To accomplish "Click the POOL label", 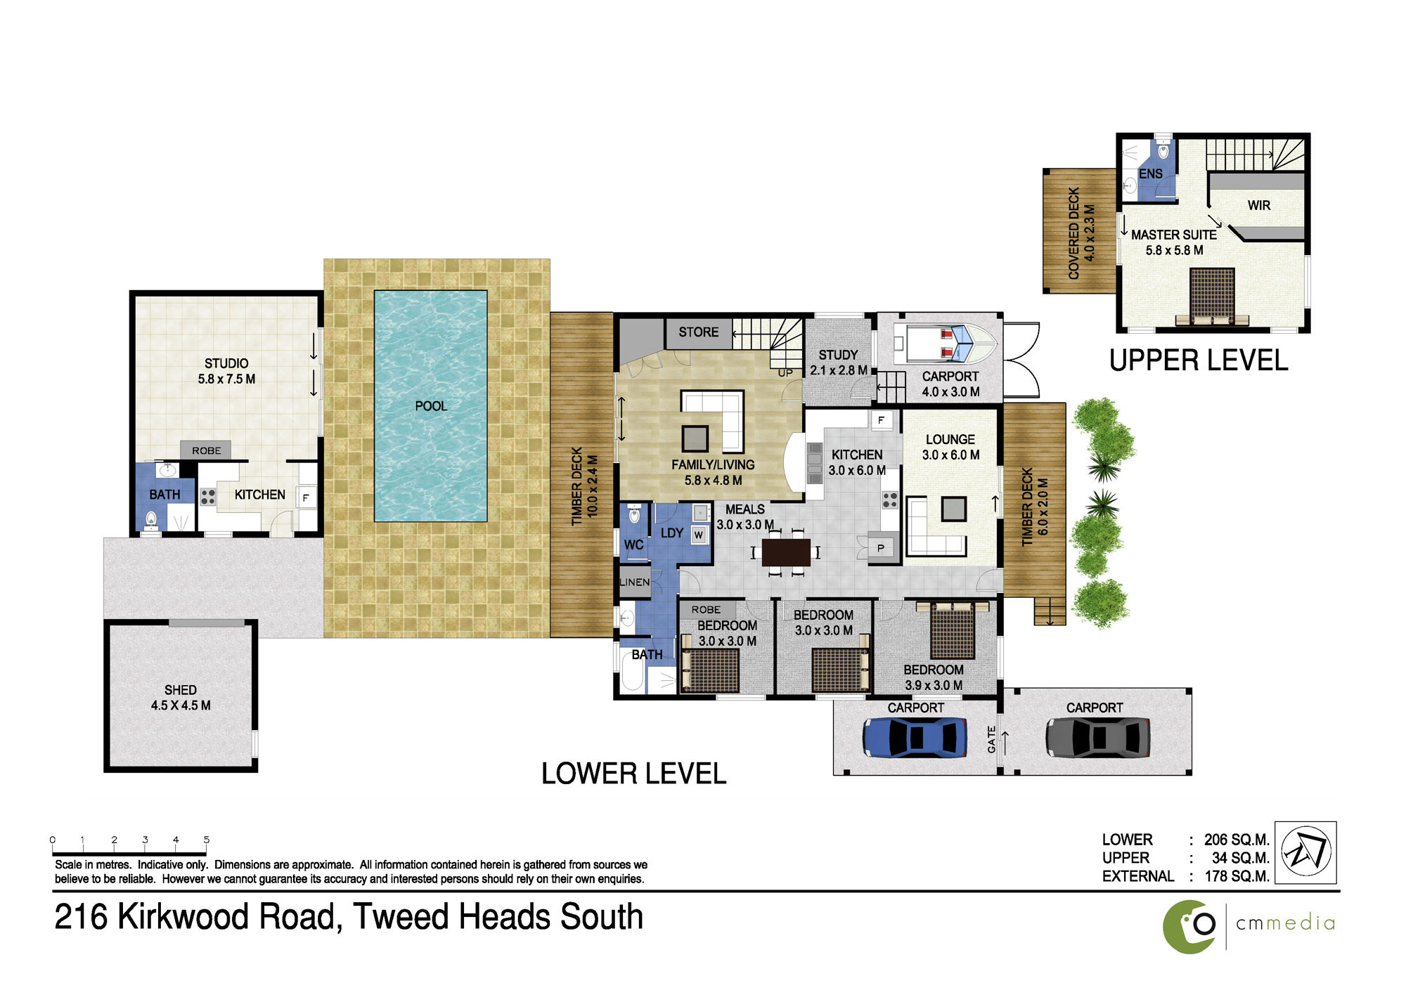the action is coord(431,406).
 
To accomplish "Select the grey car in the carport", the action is coord(1097,737).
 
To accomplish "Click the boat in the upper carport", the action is coord(945,343).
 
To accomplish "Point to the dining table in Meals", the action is coord(786,552).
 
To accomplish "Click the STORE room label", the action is coord(698,332).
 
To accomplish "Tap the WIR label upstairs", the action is coord(1259,205).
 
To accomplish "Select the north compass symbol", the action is coord(1306,852).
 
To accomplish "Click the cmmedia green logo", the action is coord(1189,927).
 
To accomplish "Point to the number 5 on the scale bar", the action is coord(207,840).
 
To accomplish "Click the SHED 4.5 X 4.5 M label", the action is coord(181,698).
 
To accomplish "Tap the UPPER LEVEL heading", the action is coord(1199,360).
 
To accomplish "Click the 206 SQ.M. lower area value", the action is coord(1237,840).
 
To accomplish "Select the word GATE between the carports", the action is coord(991,740).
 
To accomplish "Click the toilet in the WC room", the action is coord(635,515).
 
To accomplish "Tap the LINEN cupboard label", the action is coord(635,582).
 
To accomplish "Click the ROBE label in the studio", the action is coord(207,450).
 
